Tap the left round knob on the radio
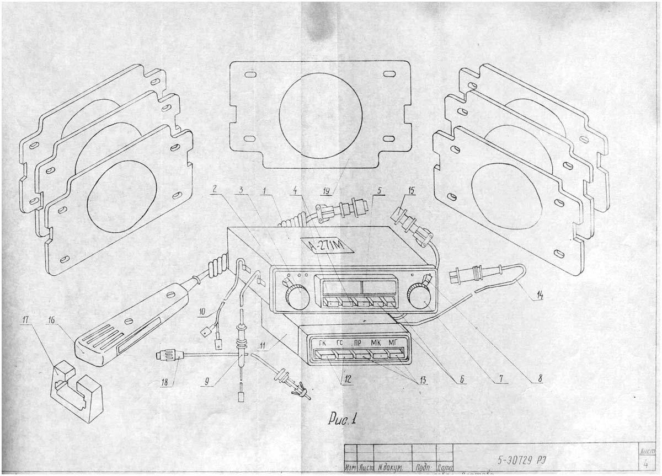point(297,298)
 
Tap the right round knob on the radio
point(419,297)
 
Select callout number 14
point(538,295)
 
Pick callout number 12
point(346,380)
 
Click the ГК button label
point(323,343)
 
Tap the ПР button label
point(358,343)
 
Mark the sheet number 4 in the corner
point(645,464)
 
